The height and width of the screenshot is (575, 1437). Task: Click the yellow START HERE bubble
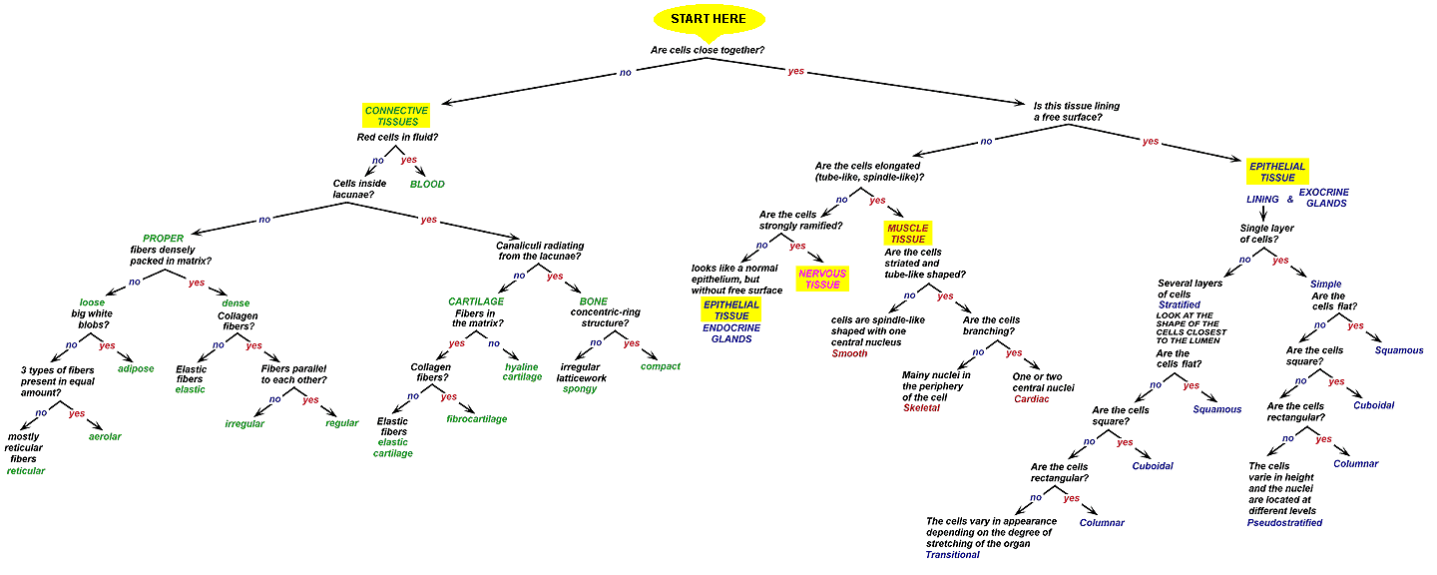click(x=709, y=19)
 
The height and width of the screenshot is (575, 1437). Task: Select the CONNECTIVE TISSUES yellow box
click(x=396, y=116)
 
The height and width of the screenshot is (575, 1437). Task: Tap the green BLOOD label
click(x=428, y=185)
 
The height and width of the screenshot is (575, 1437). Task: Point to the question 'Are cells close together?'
click(x=708, y=50)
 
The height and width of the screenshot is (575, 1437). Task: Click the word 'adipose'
click(x=136, y=368)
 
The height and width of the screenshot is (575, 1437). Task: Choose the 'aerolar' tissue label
click(x=105, y=436)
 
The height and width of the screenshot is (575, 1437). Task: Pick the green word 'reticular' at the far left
click(x=26, y=470)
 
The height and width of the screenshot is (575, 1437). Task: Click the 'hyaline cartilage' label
click(x=523, y=371)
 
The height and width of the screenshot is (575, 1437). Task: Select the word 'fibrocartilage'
click(x=477, y=419)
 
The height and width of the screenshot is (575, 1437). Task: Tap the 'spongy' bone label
click(x=580, y=388)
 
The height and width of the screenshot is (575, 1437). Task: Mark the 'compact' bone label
click(x=661, y=366)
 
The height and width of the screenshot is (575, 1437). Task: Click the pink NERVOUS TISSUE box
click(x=821, y=279)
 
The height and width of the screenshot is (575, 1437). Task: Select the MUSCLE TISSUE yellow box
click(x=907, y=234)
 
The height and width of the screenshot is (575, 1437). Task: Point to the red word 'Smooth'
click(x=850, y=353)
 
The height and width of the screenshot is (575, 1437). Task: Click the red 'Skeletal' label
click(x=921, y=407)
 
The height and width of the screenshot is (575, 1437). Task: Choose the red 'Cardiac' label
click(x=1032, y=397)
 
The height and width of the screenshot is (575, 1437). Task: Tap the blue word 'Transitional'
click(x=953, y=554)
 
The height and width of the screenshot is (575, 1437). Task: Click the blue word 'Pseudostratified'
click(x=1284, y=522)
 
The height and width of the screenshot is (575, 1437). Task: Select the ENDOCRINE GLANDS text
click(x=732, y=333)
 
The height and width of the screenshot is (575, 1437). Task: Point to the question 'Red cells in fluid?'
click(x=397, y=137)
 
